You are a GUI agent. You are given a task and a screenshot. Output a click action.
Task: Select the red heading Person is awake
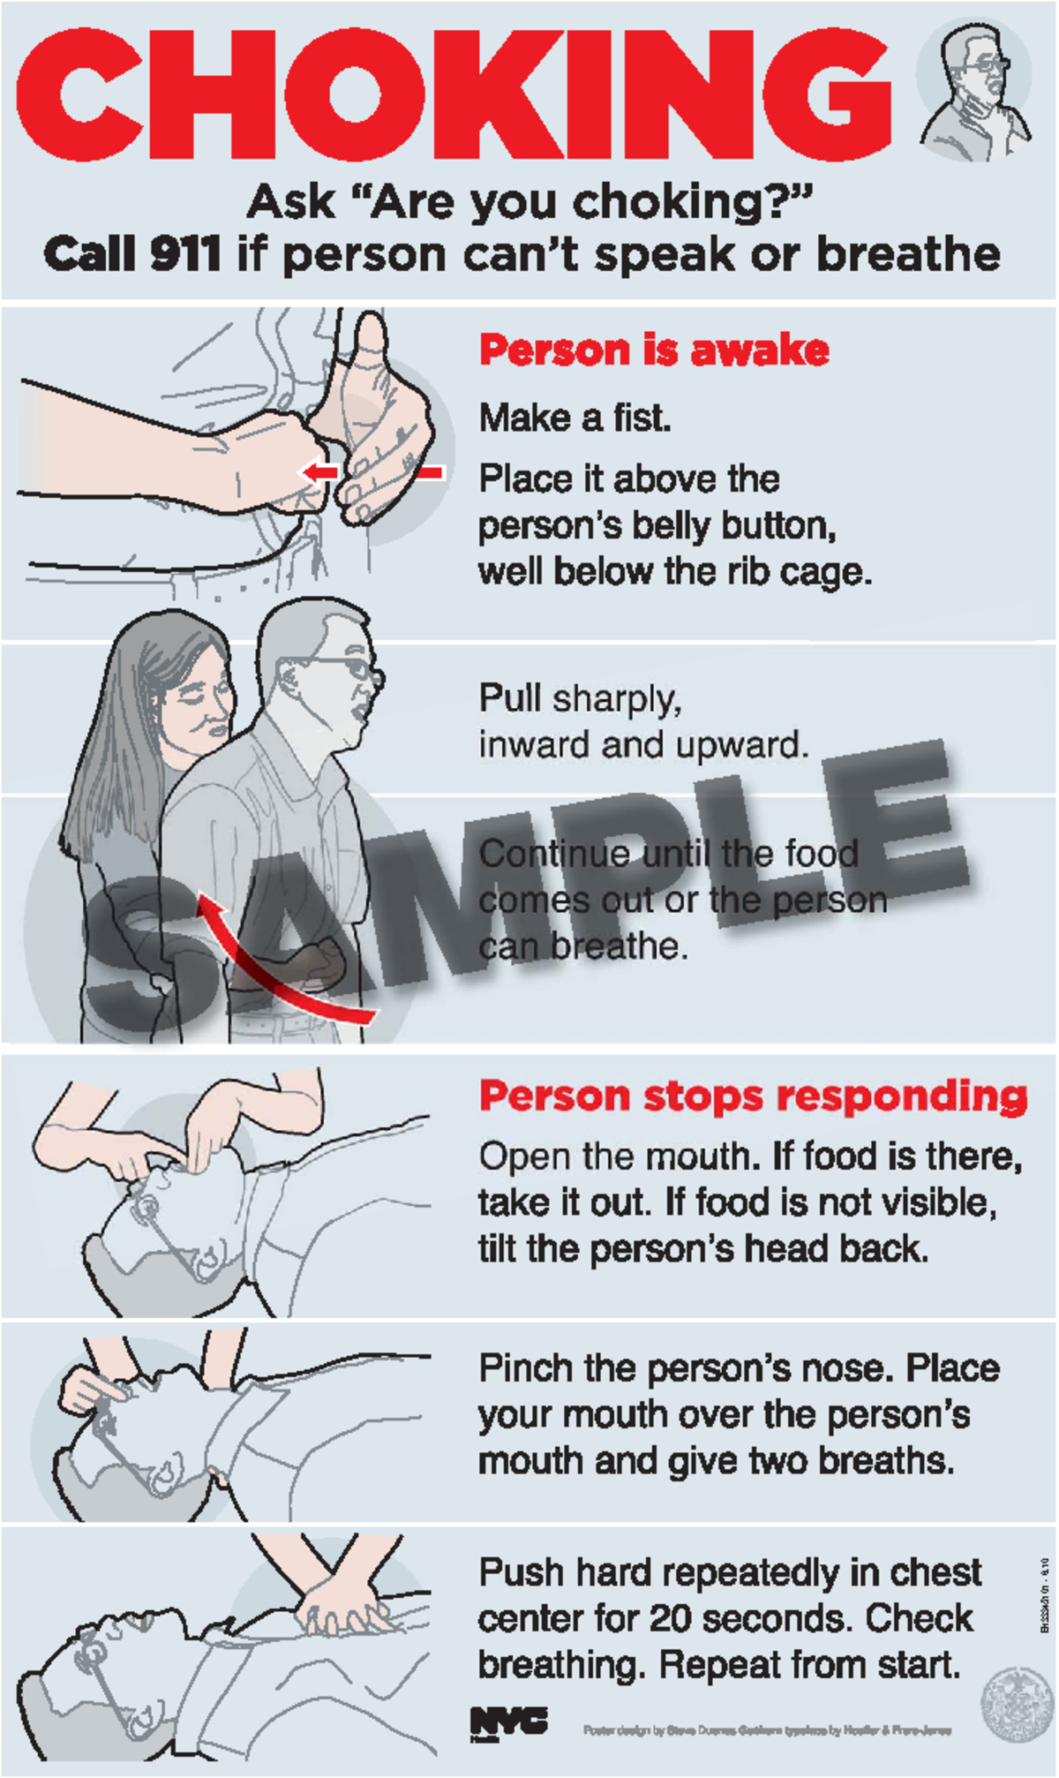point(654,350)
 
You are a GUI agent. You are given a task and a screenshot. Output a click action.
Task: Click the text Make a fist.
point(575,418)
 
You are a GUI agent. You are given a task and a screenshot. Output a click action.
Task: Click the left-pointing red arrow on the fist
point(319,472)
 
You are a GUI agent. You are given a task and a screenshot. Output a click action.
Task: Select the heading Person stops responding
point(753,1096)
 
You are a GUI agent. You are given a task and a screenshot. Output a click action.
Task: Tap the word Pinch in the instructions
point(524,1368)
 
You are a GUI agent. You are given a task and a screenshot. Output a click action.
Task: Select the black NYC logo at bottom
point(508,1721)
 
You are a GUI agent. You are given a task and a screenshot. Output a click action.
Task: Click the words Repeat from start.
point(809,1665)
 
